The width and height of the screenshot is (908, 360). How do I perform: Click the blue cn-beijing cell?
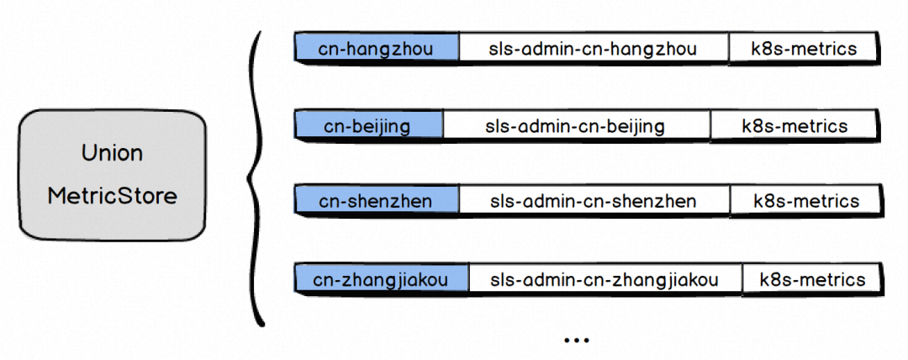point(367,127)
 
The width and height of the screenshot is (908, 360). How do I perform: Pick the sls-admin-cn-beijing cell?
point(575,127)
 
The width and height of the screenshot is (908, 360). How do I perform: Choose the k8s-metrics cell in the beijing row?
point(794,127)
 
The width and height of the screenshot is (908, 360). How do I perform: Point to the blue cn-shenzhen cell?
point(376,201)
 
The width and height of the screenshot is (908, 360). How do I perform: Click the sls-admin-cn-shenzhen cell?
point(594,201)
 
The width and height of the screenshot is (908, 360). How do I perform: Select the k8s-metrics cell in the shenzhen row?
point(805,201)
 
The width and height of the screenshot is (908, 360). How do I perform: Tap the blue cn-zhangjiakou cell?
point(380,279)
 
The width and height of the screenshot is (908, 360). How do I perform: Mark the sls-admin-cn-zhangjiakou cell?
point(604,279)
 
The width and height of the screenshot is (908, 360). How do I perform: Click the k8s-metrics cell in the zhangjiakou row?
point(811,279)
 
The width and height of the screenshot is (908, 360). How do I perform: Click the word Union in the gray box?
point(112,154)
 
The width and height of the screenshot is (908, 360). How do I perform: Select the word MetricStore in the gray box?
point(112,197)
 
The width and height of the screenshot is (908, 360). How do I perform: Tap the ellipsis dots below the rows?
point(577,341)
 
